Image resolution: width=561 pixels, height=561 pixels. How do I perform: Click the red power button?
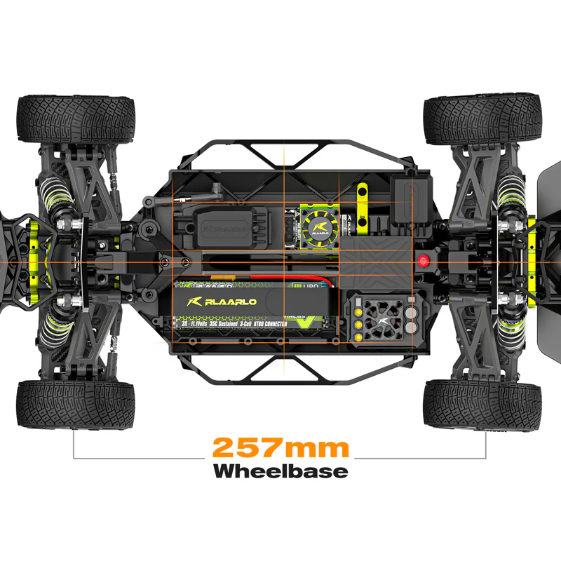pos(423,261)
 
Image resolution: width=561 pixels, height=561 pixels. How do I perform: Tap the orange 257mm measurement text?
pos(280,447)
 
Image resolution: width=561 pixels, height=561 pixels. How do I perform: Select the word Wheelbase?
pos(280,471)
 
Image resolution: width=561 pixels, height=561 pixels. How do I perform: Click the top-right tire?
pos(483,119)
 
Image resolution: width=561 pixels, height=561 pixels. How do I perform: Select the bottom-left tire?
pos(75,405)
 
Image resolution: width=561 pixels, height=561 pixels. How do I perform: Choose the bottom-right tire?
pos(483,405)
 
